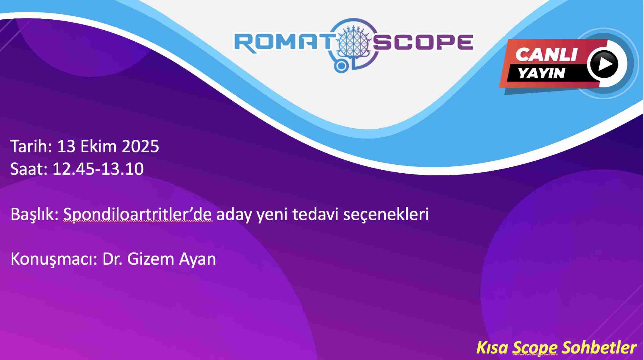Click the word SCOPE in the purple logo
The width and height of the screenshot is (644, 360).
pos(423,42)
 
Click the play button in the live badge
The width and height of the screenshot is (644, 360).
pos(604,64)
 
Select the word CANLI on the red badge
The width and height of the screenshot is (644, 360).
pos(546,54)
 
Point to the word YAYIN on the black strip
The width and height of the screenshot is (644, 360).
pos(541,73)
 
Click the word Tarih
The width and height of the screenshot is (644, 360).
pos(31,146)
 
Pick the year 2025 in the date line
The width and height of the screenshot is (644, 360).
pos(140,146)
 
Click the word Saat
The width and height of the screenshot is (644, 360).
pos(29,169)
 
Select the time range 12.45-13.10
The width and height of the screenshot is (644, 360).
pos(98,169)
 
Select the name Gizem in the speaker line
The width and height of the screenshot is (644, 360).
pos(150,259)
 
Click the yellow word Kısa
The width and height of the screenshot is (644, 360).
pos(492,347)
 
